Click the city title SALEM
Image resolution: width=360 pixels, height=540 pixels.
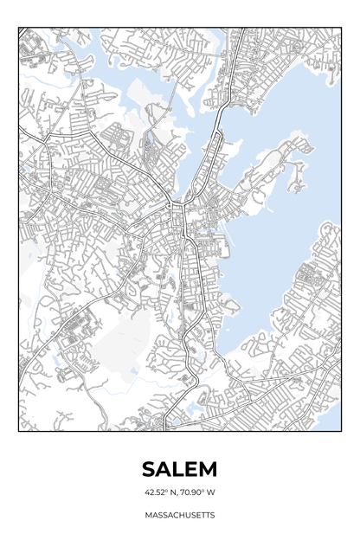(180, 469)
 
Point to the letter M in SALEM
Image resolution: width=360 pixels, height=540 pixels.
(208, 469)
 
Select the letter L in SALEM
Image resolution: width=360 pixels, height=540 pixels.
(179, 469)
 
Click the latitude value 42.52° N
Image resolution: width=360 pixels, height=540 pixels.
(161, 493)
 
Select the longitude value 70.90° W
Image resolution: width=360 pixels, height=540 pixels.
(198, 493)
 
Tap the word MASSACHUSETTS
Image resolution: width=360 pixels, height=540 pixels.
(180, 515)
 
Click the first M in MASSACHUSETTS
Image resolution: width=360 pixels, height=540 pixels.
(148, 515)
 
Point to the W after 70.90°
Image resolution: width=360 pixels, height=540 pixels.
(211, 493)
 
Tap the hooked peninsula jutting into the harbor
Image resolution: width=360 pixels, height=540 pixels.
(299, 164)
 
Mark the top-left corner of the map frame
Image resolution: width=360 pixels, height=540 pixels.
(19, 28)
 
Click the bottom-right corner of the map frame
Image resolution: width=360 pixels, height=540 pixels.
(341, 430)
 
